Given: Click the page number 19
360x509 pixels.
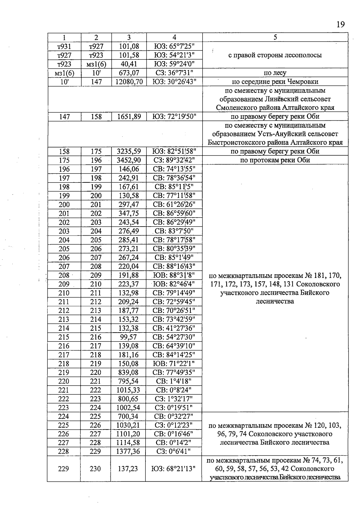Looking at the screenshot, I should point(340,25).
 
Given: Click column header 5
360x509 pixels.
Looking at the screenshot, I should point(275,37).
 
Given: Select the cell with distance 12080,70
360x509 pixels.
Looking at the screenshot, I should point(129,82).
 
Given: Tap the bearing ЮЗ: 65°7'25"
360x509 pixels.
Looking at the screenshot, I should point(174,46).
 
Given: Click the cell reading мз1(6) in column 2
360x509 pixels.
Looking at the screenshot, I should point(96,64).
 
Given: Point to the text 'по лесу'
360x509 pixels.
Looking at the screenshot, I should point(275,73).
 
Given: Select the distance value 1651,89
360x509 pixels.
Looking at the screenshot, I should point(129,116).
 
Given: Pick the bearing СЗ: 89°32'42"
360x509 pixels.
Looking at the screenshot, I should point(174,160).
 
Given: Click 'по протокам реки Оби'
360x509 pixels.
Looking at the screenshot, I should point(275,160).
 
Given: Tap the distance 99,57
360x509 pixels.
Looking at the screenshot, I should point(128,337).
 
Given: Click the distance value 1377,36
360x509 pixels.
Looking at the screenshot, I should point(128,451).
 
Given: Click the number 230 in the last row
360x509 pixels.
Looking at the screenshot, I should point(95,468).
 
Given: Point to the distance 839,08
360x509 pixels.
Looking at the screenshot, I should point(128,372).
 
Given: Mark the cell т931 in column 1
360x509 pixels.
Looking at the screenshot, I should point(64,46).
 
